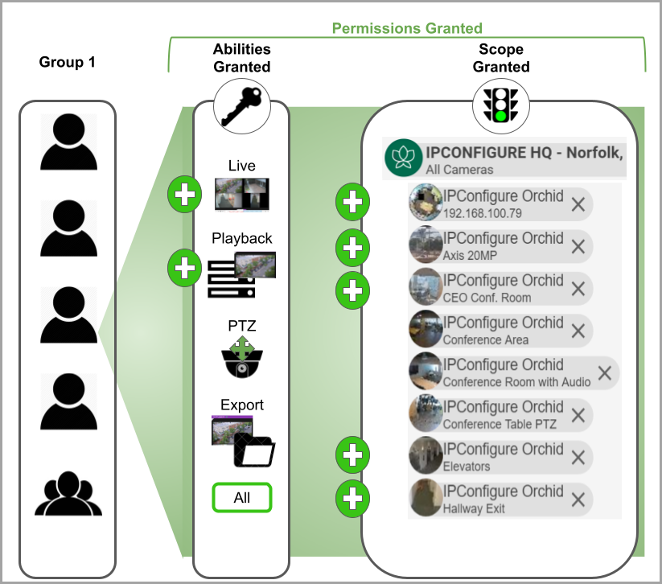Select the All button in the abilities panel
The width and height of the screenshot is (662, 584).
(x=242, y=498)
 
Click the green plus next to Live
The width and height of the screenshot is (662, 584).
(x=185, y=195)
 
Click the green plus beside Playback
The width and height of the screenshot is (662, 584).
(x=185, y=267)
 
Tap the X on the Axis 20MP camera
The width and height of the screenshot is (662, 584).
(x=578, y=246)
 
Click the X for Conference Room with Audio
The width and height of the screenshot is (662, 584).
(x=605, y=372)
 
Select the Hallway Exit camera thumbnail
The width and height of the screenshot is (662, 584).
(x=425, y=499)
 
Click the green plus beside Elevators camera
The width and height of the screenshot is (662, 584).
(x=352, y=456)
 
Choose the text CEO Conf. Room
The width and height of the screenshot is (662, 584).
(x=487, y=298)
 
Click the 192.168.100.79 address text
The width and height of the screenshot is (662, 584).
(x=482, y=214)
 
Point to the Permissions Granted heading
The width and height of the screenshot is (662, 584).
(x=407, y=28)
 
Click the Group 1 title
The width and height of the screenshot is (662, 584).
(x=68, y=62)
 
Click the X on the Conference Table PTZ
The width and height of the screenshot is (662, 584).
(x=578, y=415)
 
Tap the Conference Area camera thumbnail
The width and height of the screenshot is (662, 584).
(x=425, y=330)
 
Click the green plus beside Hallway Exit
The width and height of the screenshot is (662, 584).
(x=352, y=499)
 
